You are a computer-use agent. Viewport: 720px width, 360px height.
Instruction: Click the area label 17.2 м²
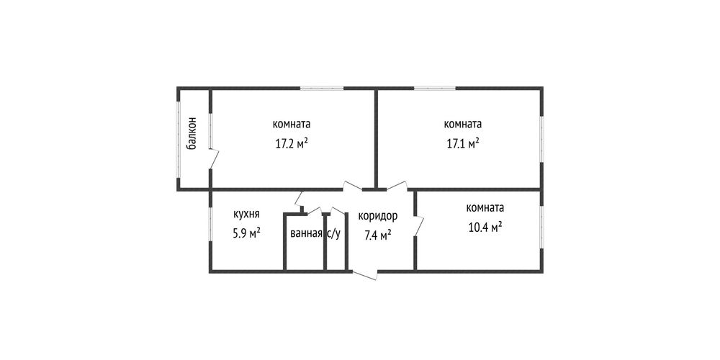[x=291, y=144]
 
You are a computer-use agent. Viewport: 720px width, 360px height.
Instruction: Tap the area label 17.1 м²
[x=463, y=144]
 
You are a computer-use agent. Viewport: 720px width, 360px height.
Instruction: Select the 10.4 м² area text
[x=485, y=228]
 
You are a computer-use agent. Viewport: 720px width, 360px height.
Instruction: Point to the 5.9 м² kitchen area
[x=246, y=233]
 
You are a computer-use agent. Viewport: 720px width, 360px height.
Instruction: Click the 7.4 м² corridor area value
[x=377, y=235]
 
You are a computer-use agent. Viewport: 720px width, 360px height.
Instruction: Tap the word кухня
[x=246, y=214]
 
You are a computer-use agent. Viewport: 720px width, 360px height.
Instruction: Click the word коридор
[x=377, y=216]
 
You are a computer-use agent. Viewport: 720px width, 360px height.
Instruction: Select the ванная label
[x=306, y=234]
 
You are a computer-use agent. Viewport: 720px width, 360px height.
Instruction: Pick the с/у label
[x=334, y=234]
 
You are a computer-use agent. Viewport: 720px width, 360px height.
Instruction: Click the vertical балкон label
[x=193, y=133]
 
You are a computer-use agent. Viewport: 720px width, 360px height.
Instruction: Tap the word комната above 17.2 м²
[x=291, y=124]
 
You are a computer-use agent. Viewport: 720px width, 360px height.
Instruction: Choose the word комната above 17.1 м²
[x=463, y=124]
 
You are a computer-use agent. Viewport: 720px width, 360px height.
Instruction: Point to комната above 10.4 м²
[x=485, y=207]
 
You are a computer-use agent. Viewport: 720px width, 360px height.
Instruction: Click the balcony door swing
[x=214, y=158]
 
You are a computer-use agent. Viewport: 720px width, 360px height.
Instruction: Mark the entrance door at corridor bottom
[x=364, y=274]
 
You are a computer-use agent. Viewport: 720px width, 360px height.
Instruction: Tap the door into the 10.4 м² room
[x=419, y=226]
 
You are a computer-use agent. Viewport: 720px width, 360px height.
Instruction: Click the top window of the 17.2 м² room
[x=323, y=88]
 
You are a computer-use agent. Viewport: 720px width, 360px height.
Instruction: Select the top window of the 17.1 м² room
[x=435, y=88]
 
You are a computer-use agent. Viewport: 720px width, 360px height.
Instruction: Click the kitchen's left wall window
[x=210, y=224]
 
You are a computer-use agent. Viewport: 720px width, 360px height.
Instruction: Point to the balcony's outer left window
[x=179, y=139]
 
